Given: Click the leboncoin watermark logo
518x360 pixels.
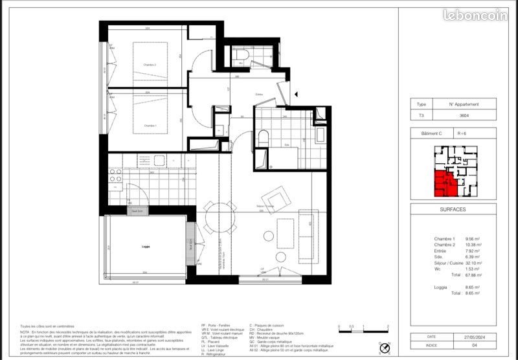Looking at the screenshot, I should click(475, 15).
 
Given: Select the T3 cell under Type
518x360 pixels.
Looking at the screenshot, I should click(422, 116).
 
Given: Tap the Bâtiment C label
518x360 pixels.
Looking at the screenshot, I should click(431, 133).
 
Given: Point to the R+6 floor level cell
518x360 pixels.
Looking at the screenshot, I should click(462, 133).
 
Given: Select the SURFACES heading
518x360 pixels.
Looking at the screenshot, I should click(453, 210).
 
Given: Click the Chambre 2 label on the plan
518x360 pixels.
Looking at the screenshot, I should click(150, 65).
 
